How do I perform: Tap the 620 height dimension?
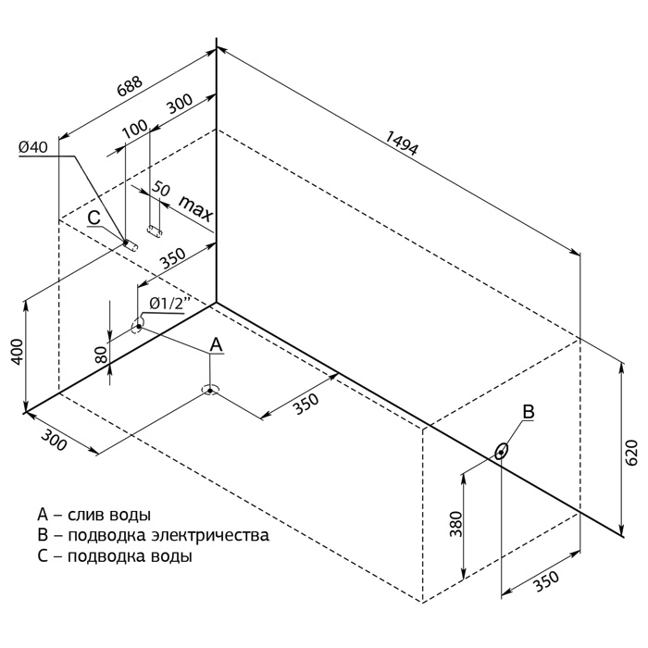(631, 453)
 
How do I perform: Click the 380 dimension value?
(454, 527)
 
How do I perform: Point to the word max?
(195, 209)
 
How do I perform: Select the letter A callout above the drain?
(216, 344)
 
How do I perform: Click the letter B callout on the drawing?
(527, 411)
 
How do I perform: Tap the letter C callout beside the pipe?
(93, 218)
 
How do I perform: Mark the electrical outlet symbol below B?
(502, 451)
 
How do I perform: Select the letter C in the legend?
(42, 557)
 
